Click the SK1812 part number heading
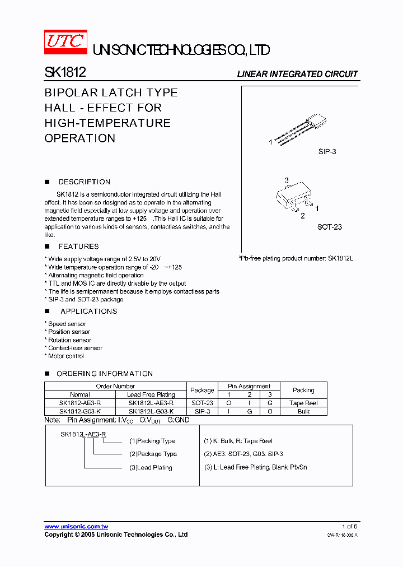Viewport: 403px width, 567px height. pyautogui.click(x=65, y=73)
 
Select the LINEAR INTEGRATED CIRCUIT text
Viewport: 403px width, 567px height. pyautogui.click(x=297, y=74)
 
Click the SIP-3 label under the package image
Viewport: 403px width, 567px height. pyautogui.click(x=326, y=152)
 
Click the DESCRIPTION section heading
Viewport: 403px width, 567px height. pyautogui.click(x=85, y=182)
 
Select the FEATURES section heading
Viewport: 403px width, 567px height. pyautogui.click(x=78, y=247)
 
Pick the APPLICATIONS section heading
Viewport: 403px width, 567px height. pyautogui.click(x=88, y=312)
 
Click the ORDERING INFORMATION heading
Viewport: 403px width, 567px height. pyautogui.click(x=105, y=374)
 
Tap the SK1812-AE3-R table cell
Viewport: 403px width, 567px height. pyautogui.click(x=80, y=403)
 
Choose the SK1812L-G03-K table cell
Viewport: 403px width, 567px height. pyautogui.click(x=151, y=411)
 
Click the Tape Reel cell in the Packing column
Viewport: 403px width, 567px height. pyautogui.click(x=303, y=403)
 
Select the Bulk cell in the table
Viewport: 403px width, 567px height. pyautogui.click(x=303, y=411)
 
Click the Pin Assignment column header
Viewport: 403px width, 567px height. pyautogui.click(x=249, y=386)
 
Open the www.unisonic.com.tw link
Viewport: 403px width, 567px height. pyautogui.click(x=76, y=527)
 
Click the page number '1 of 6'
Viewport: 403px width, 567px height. pyautogui.click(x=349, y=527)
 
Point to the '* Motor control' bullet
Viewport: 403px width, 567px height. pyautogui.click(x=64, y=356)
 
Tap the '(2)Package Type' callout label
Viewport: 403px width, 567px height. pyautogui.click(x=153, y=454)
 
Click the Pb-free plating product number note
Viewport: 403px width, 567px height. pyautogui.click(x=296, y=258)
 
